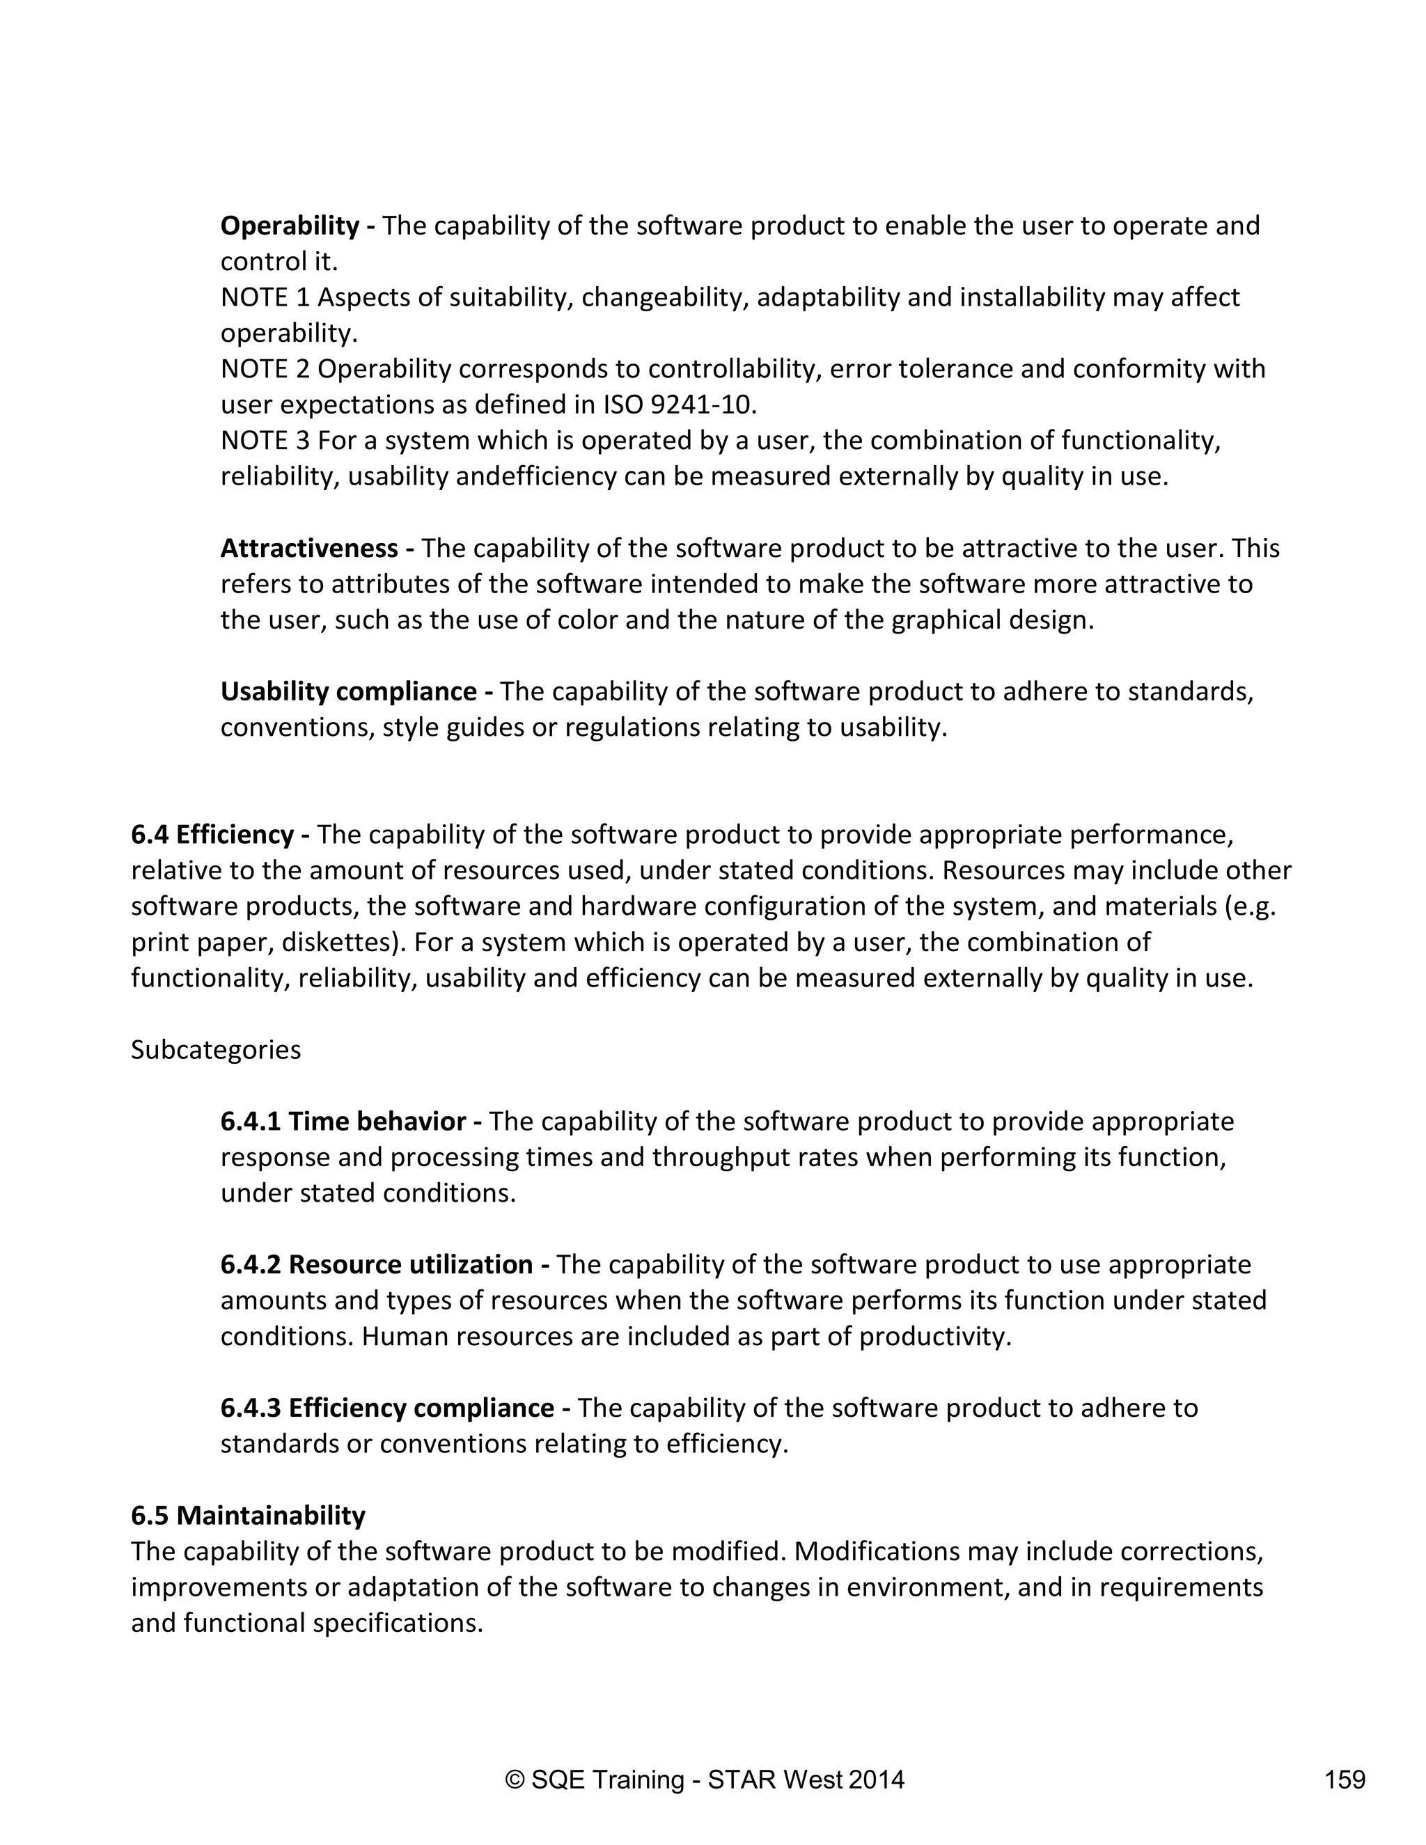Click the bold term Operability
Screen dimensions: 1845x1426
point(290,226)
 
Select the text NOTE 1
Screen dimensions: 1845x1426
point(265,298)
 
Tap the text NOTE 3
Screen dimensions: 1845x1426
point(265,441)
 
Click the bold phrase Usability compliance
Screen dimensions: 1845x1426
point(349,692)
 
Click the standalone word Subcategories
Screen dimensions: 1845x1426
point(215,1050)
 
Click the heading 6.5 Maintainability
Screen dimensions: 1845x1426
point(247,1516)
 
